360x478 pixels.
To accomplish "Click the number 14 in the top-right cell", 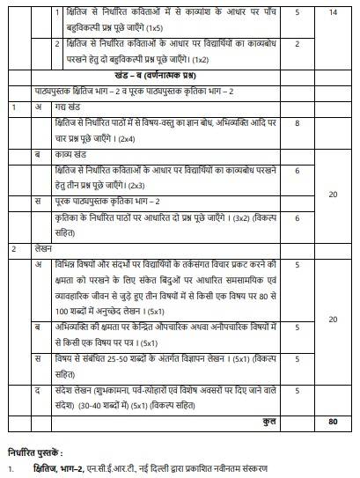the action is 332,14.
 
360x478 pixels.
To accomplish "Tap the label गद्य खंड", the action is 68,107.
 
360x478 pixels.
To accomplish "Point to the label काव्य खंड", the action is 70,151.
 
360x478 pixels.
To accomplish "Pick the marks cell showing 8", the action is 298,124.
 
